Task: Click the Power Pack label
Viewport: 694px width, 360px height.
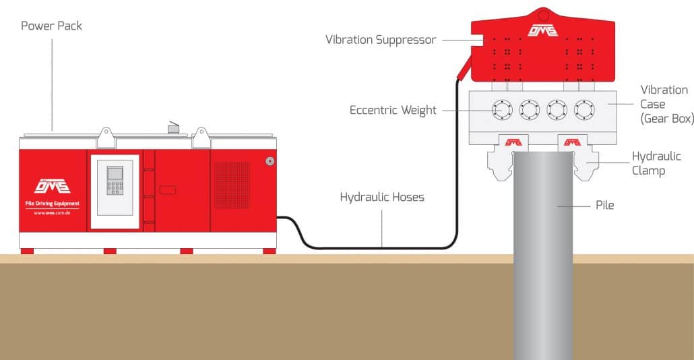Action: pos(51,26)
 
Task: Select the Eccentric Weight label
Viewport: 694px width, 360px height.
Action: pos(393,110)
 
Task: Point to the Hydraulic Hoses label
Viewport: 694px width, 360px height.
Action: pos(381,198)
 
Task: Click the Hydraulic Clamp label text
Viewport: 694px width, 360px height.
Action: pos(656,163)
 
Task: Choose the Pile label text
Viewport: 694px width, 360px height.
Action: pos(605,205)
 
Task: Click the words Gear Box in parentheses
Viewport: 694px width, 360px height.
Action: pos(666,119)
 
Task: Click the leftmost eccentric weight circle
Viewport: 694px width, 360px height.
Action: pos(503,109)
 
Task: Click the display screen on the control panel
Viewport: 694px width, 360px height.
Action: pos(115,172)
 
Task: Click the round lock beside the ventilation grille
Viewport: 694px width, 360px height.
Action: pos(270,161)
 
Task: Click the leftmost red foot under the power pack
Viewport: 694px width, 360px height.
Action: pos(27,251)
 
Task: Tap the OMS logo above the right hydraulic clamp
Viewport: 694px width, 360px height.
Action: pos(572,142)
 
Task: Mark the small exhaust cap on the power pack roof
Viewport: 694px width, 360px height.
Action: pos(173,126)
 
